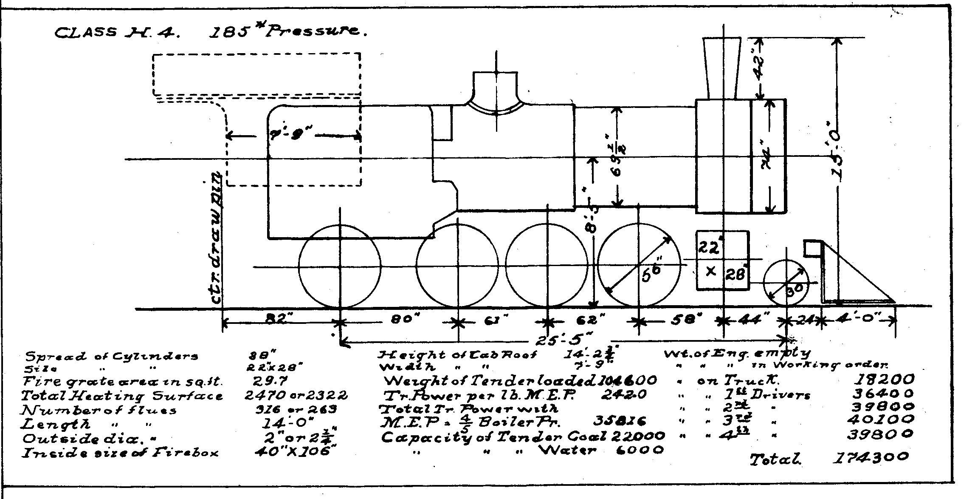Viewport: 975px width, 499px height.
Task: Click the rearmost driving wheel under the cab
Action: coord(340,267)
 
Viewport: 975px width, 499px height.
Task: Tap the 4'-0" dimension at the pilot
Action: coord(859,319)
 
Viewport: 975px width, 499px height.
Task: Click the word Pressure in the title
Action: coord(313,31)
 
